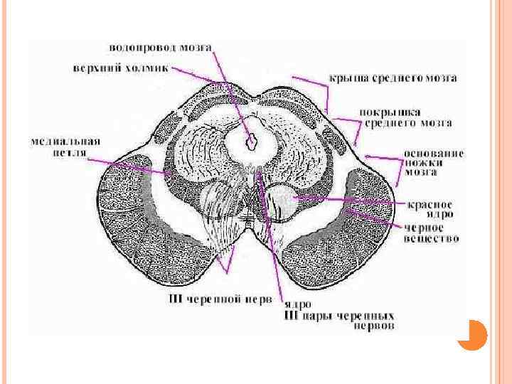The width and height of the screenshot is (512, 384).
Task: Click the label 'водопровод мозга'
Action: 159,48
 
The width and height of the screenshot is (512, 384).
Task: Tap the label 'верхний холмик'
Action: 121,69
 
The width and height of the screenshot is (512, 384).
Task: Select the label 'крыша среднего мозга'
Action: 392,78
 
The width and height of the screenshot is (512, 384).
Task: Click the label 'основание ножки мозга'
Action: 433,162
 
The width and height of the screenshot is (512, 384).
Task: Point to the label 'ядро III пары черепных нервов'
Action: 339,314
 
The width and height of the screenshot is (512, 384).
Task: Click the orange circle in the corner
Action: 471,334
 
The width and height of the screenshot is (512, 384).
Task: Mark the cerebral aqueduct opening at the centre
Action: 250,143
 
